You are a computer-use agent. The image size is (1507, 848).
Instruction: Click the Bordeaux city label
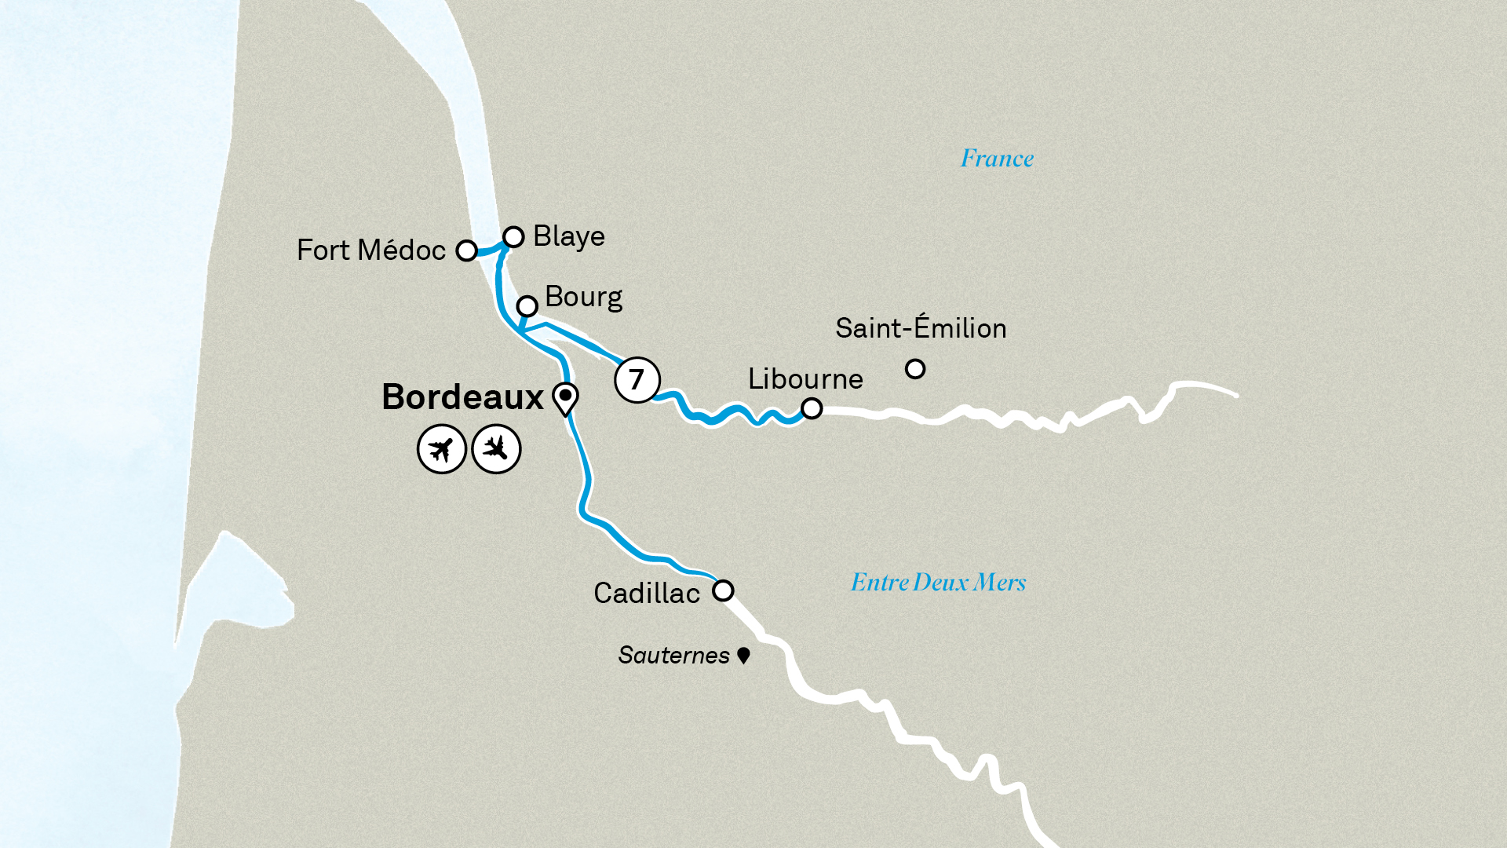point(462,397)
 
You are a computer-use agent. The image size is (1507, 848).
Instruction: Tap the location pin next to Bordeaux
point(565,397)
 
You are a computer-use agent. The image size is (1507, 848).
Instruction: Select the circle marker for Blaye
point(513,236)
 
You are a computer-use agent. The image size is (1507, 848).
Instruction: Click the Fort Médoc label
point(370,250)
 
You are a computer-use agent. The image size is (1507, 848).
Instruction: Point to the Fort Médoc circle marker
point(467,250)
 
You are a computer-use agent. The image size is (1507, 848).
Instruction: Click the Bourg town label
point(583,297)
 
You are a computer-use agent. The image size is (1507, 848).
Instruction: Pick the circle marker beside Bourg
point(527,305)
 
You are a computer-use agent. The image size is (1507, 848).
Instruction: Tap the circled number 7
point(637,379)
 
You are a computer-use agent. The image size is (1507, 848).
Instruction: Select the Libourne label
point(805,379)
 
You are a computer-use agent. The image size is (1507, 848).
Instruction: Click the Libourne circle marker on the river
point(812,408)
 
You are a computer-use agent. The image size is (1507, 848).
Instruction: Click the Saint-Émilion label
point(921,328)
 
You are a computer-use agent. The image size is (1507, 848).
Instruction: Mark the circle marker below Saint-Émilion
point(915,368)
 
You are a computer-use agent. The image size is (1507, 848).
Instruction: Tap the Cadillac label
point(646,594)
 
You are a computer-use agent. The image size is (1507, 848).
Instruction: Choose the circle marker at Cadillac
point(723,590)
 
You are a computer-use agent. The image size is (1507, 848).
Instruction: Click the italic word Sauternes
point(673,655)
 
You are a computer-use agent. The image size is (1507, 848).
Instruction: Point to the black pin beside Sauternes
point(743,654)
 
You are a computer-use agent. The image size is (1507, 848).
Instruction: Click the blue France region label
point(997,159)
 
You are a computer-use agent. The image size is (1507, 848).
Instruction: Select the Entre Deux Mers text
point(938,583)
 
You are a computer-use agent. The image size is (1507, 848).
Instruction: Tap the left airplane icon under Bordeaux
point(442,449)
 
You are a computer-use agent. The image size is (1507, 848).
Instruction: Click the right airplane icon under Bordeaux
point(496,449)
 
